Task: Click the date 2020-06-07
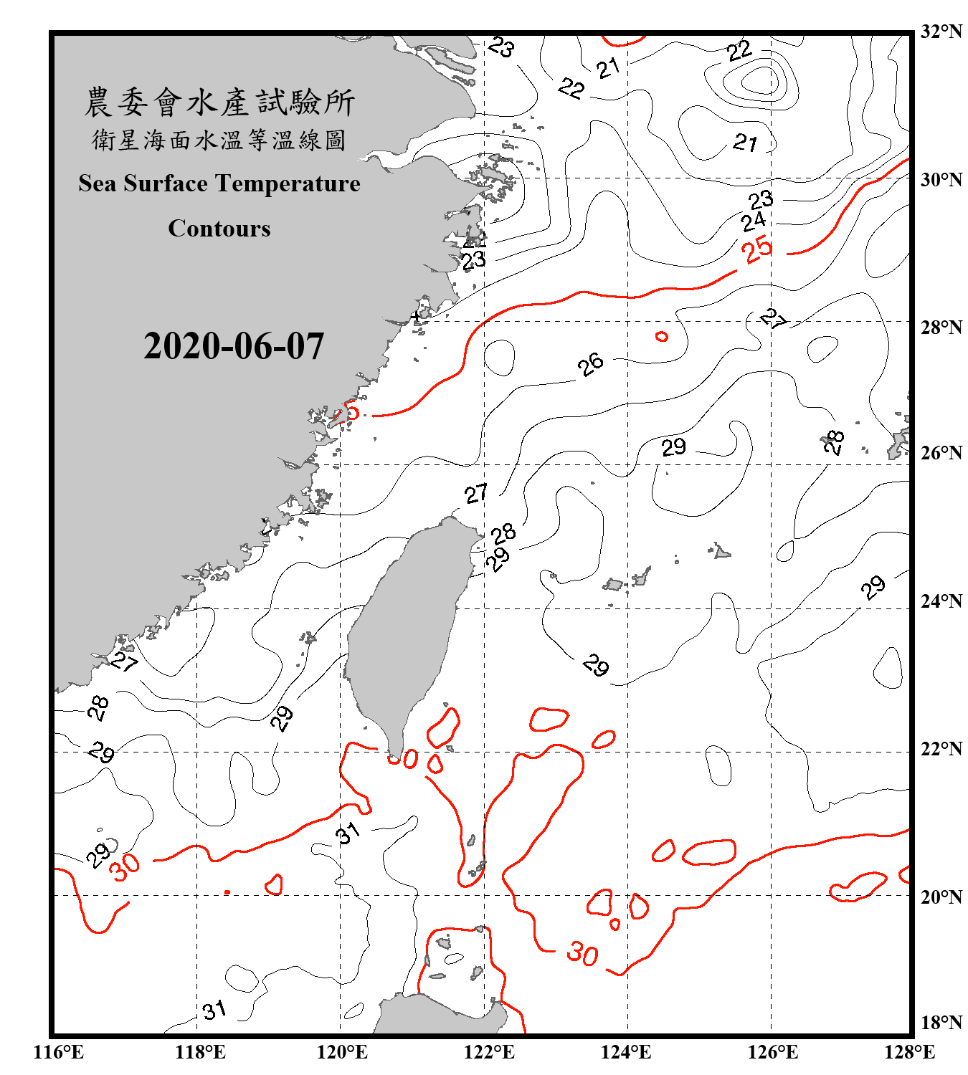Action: click(x=234, y=346)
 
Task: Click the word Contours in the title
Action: click(x=219, y=228)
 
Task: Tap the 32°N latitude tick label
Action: click(x=941, y=32)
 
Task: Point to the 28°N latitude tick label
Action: click(x=941, y=328)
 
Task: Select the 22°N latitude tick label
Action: click(x=941, y=750)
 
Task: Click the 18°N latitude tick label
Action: click(x=941, y=1022)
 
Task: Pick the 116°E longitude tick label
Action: click(x=59, y=1052)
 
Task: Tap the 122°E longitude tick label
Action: click(x=489, y=1052)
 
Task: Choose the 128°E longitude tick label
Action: click(x=909, y=1052)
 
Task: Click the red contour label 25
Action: click(x=757, y=249)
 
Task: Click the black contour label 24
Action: click(x=754, y=221)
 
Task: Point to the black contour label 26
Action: click(x=591, y=364)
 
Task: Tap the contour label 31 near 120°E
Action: click(x=348, y=833)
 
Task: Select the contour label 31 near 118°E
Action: click(x=214, y=1010)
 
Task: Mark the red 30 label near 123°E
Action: click(x=582, y=954)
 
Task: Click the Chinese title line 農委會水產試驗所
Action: click(x=219, y=102)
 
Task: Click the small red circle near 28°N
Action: click(x=661, y=336)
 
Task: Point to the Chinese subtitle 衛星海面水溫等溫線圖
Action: click(x=219, y=140)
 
